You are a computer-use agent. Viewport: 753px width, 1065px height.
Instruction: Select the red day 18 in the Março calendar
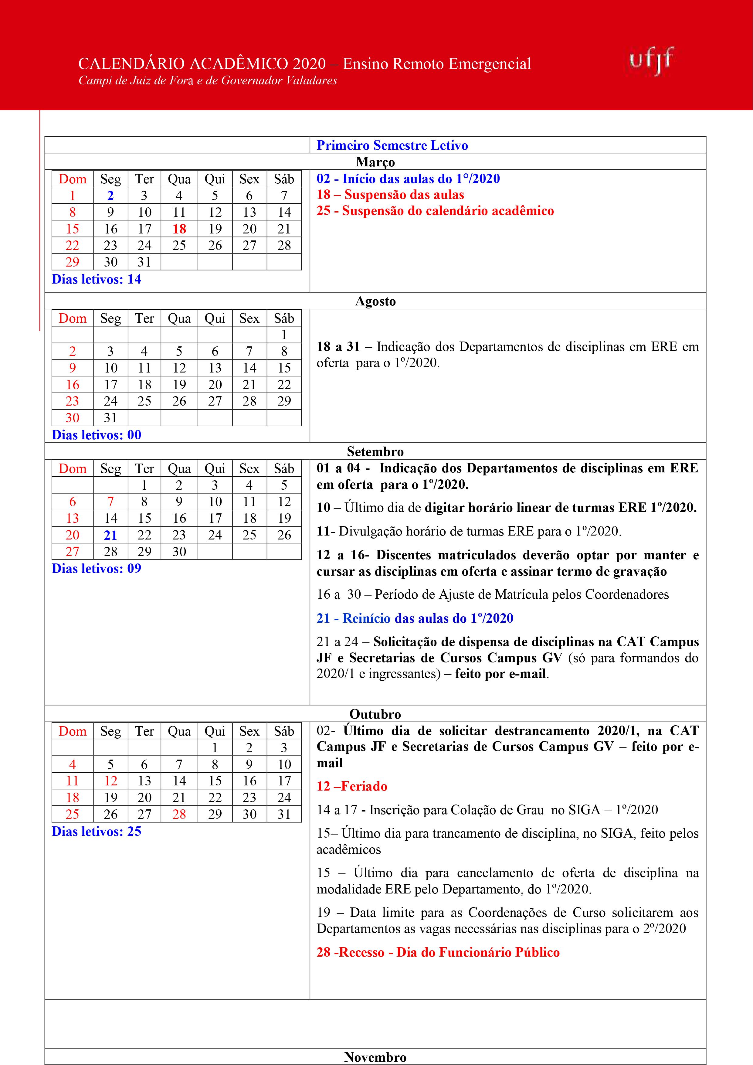179,229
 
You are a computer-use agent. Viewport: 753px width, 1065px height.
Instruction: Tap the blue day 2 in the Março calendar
110,196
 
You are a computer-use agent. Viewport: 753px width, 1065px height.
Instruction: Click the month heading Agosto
375,301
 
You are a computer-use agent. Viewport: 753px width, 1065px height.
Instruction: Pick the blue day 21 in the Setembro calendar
110,535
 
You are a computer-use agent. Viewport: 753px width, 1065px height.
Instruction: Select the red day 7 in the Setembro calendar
110,502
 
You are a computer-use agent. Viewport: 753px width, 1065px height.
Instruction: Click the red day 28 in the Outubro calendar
179,814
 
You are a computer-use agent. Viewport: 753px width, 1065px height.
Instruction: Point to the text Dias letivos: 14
97,279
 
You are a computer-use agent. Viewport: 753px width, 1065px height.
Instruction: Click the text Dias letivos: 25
97,831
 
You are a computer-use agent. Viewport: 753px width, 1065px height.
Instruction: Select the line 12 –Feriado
352,786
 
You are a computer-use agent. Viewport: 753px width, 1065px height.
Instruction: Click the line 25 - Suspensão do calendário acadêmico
435,211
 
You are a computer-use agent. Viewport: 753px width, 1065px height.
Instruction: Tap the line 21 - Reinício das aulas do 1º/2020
415,618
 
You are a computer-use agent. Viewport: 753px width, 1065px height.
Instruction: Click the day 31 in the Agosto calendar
110,418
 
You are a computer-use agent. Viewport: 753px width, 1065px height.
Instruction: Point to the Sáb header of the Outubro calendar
284,731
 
